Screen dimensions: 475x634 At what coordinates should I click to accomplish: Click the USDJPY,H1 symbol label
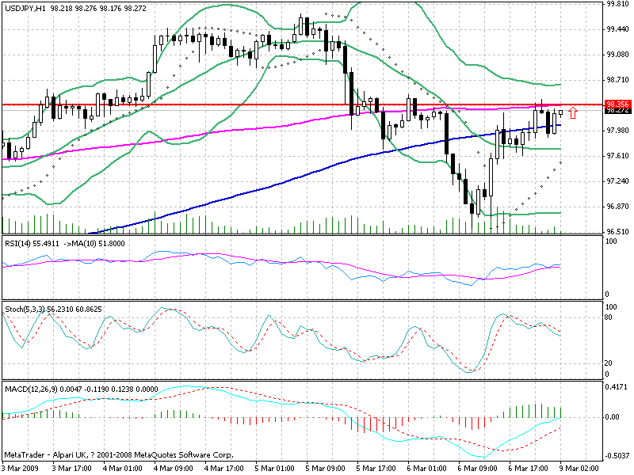pyautogui.click(x=24, y=6)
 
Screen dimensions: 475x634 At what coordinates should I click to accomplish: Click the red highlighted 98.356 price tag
pyautogui.click(x=617, y=104)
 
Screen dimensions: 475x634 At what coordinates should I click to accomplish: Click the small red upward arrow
pyautogui.click(x=572, y=112)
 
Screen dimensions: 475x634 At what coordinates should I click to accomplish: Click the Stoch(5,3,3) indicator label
pyautogui.click(x=25, y=308)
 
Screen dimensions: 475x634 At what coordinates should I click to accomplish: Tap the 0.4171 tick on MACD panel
pyautogui.click(x=616, y=388)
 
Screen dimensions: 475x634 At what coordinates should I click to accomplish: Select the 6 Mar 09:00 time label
pyautogui.click(x=476, y=467)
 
